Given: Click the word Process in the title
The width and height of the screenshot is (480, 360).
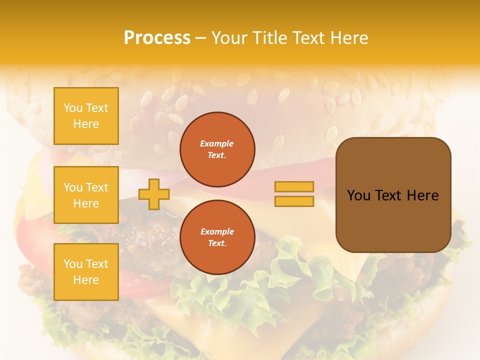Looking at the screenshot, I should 157,38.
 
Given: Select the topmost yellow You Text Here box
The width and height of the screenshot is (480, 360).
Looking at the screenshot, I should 86,116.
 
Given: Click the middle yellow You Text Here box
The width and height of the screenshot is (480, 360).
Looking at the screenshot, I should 86,195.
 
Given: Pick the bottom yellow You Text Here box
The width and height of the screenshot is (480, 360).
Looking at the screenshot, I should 86,272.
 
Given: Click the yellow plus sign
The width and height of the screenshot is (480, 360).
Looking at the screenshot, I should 153,194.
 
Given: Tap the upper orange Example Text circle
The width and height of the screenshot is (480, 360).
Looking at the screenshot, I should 217,149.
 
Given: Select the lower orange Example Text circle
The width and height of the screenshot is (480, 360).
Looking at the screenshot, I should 217,237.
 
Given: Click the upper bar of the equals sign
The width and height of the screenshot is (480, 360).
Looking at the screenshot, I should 294,187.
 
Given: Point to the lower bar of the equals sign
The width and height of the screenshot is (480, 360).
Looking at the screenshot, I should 294,201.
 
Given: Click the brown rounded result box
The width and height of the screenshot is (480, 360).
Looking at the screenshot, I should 393,220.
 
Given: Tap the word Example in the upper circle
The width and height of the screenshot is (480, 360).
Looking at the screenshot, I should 217,143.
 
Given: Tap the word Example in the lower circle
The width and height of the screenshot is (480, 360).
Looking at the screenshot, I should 217,231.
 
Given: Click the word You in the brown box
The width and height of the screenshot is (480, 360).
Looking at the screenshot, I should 359,195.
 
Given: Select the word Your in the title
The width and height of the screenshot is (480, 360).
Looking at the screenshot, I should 229,38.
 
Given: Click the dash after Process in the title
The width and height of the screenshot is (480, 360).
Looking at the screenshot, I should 200,38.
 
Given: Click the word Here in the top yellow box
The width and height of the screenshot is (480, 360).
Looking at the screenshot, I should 86,124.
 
